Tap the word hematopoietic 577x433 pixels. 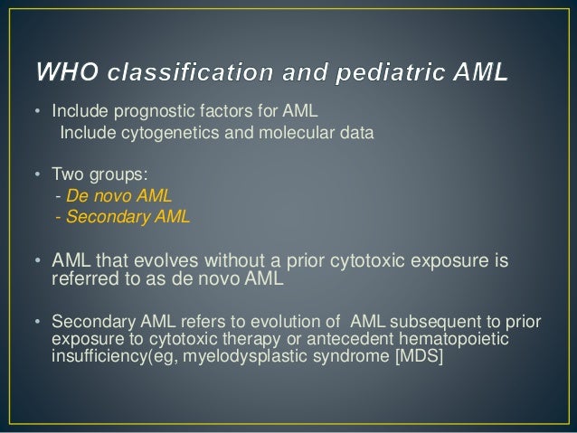[x=461, y=337]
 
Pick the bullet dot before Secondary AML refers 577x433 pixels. [x=37, y=322]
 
